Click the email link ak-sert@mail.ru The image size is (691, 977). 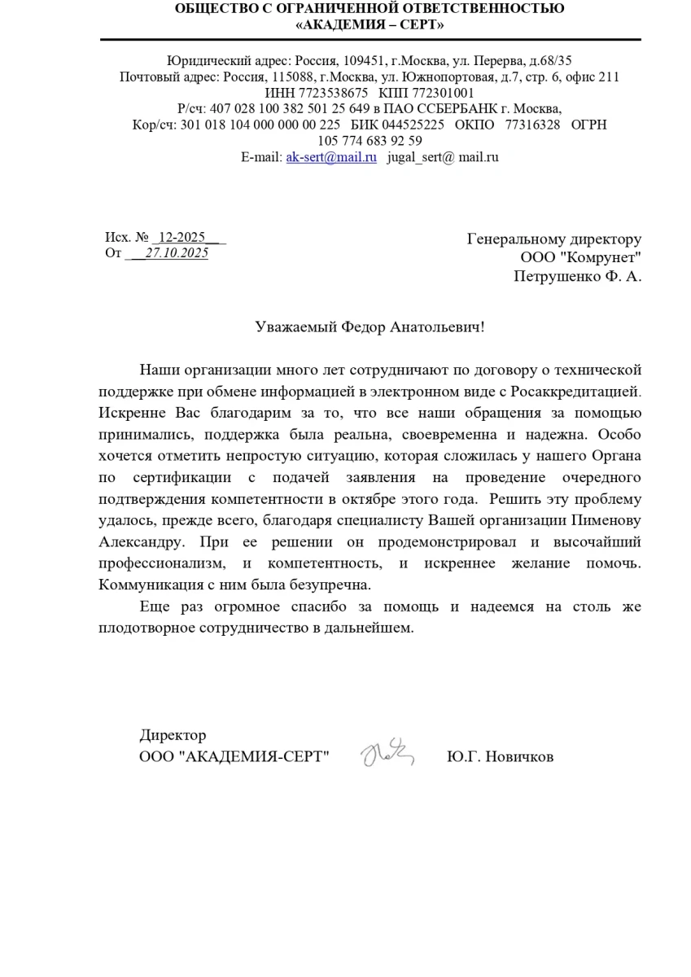pos(330,156)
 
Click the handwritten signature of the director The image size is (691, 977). pos(387,754)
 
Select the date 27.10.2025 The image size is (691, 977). pos(177,253)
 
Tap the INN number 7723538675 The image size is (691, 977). pos(331,93)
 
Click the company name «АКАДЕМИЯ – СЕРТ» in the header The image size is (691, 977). pos(370,24)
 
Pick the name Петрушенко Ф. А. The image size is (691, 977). pos(577,277)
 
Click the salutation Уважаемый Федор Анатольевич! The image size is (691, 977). pos(370,327)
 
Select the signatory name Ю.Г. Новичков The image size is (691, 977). pos(500,757)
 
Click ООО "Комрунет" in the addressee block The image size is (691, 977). pos(580,258)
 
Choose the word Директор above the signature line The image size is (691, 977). pos(173,736)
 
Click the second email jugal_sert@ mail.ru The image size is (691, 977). pos(442,156)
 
